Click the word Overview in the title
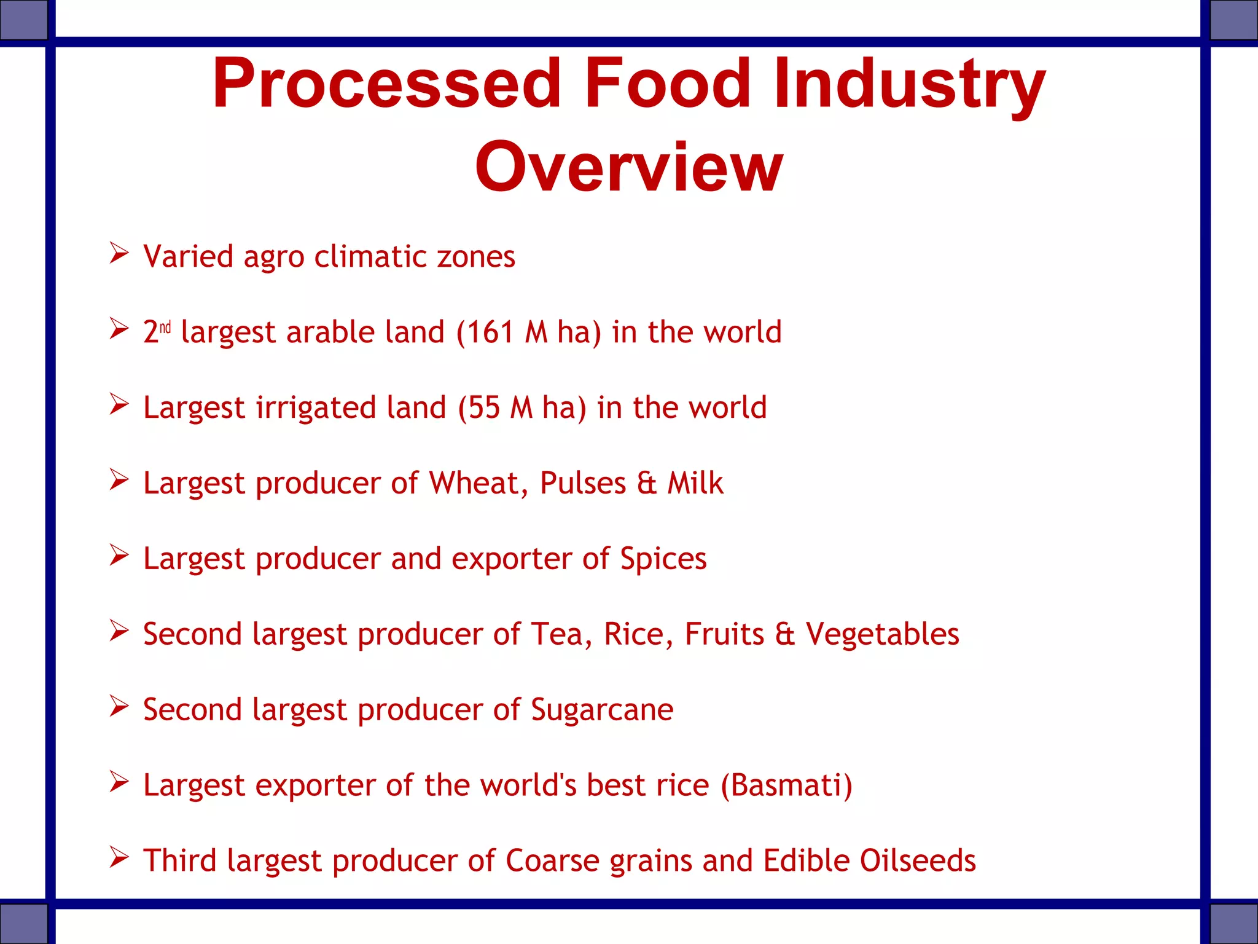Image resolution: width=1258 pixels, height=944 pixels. point(628,167)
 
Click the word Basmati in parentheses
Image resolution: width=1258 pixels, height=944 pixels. point(786,785)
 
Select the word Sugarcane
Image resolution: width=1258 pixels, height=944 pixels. point(602,710)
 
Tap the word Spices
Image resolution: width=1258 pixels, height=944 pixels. point(663,559)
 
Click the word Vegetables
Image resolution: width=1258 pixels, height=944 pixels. point(882,634)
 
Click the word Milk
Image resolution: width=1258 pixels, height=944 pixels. point(695,484)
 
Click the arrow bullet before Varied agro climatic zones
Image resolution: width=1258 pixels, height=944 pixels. point(119,253)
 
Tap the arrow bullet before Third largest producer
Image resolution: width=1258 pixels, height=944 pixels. point(119,857)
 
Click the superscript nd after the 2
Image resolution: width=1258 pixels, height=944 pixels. point(165,328)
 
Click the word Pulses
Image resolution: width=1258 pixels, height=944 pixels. point(582,484)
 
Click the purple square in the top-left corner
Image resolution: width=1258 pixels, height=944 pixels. point(23,20)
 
